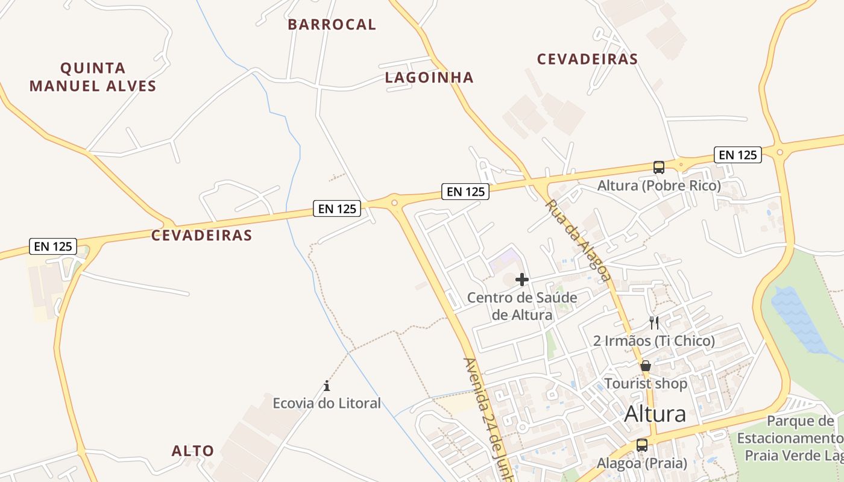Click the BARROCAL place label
tap(332, 25)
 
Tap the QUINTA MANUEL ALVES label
tap(93, 77)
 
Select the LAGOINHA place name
tap(429, 78)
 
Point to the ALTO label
tap(193, 451)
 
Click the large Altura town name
tap(655, 414)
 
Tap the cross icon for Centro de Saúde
tap(522, 280)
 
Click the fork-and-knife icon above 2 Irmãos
tap(654, 323)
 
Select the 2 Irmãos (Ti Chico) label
tap(654, 341)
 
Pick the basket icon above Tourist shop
tap(646, 366)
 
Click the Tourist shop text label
tap(646, 384)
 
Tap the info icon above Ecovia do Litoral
tap(327, 386)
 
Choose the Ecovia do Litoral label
tap(327, 403)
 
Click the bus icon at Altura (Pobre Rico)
tap(659, 167)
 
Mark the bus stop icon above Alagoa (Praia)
tap(642, 445)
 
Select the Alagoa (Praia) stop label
tap(642, 463)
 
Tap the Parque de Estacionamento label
tap(790, 437)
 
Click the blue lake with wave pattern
tap(796, 319)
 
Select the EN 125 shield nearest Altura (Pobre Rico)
tap(738, 155)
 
